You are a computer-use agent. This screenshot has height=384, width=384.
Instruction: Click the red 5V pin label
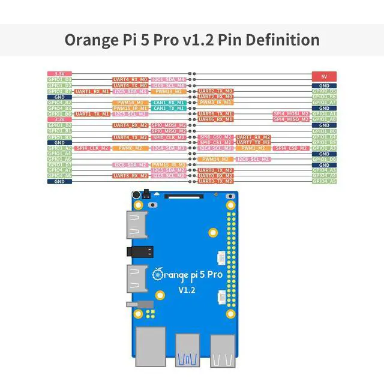[324, 77]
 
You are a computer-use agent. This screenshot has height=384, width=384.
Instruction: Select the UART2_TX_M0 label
[215, 91]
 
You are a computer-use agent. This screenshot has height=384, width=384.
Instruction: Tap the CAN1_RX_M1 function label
[168, 103]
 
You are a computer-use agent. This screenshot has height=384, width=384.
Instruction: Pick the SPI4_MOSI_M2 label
[291, 113]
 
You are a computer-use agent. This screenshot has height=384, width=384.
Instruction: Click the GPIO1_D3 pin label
[59, 79]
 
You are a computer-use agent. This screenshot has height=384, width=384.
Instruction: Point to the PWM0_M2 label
[130, 148]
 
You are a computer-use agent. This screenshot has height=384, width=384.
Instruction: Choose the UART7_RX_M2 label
[253, 137]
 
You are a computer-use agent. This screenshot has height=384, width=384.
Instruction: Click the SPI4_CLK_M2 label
[92, 148]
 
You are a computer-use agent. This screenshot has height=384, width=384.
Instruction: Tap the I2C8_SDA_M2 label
[130, 164]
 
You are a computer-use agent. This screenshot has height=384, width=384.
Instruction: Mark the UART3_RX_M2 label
[130, 176]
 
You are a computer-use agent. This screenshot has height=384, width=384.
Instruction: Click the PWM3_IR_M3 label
[215, 103]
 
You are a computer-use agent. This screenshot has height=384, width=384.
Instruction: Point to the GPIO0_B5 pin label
[324, 91]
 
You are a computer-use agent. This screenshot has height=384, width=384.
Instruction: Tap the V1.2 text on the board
[188, 290]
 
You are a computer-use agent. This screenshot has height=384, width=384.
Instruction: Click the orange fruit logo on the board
[158, 274]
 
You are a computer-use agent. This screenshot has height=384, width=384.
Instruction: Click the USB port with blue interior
[187, 355]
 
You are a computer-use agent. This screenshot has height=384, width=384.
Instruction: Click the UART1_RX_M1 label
[92, 91]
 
